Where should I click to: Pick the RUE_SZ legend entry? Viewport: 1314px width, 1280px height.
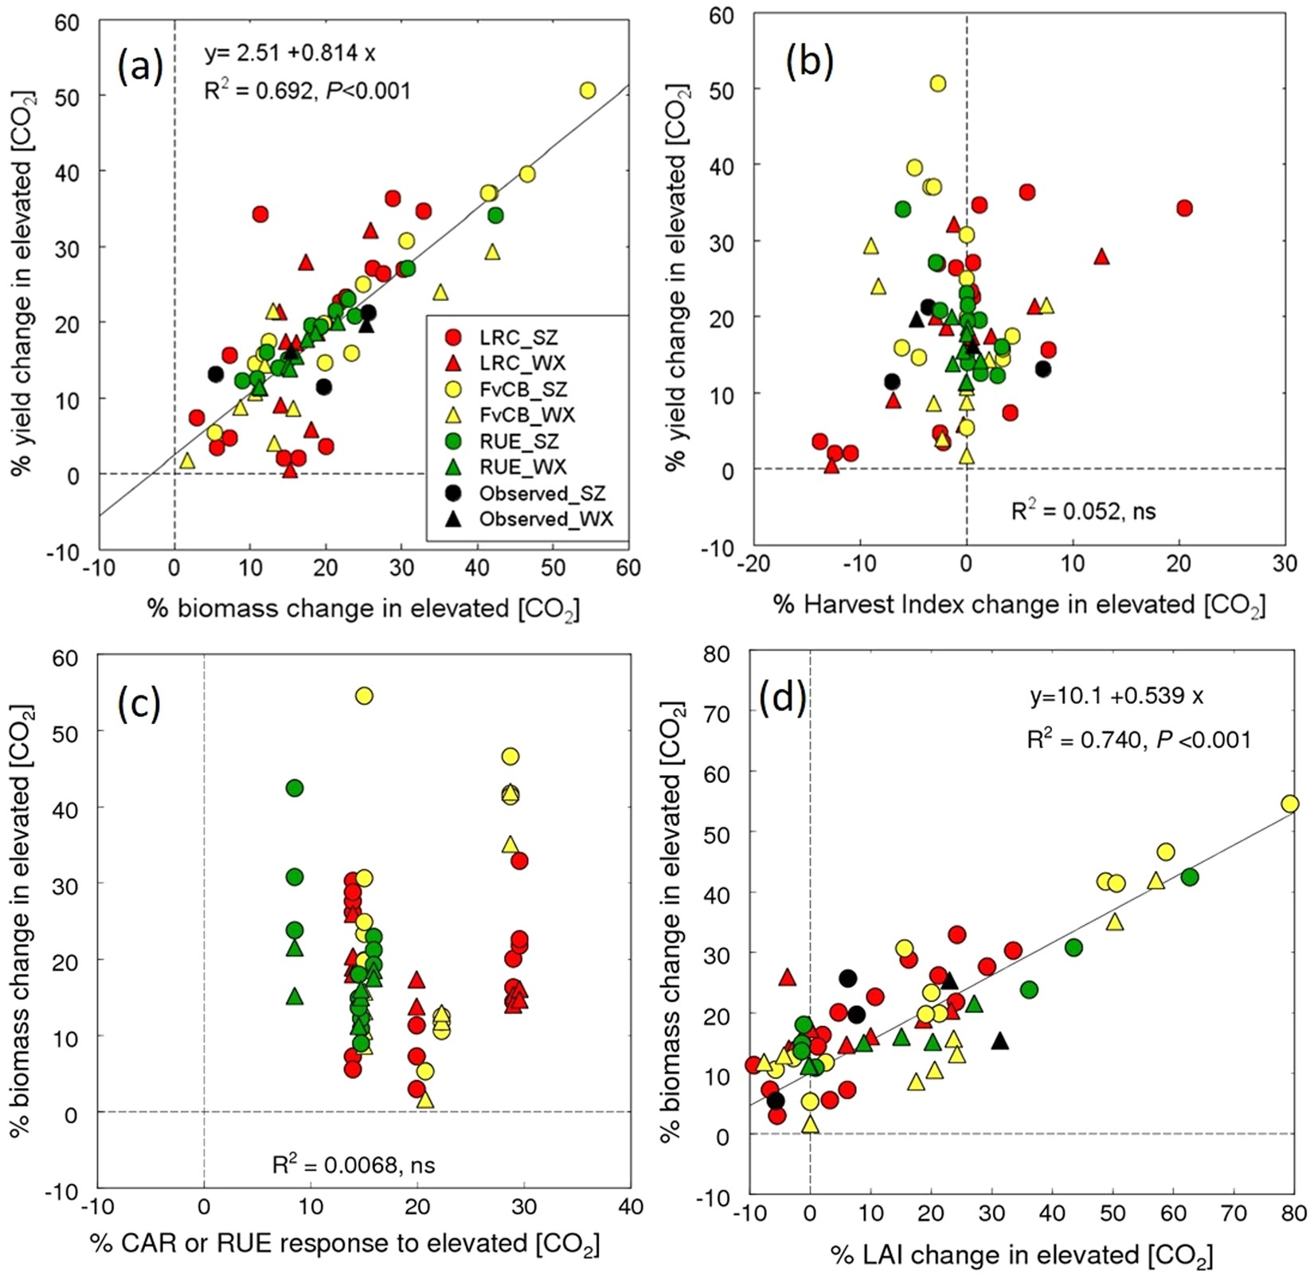click(518, 441)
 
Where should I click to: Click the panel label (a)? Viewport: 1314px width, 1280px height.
click(140, 67)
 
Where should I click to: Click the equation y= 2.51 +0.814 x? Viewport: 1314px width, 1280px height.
click(290, 53)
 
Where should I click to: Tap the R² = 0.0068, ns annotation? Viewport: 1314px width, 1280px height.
click(354, 1165)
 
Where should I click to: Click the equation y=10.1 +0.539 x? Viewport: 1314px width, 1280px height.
click(1116, 696)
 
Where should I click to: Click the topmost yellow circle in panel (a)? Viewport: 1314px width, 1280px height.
click(588, 91)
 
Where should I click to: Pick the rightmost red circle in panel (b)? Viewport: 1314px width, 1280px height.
click(1184, 208)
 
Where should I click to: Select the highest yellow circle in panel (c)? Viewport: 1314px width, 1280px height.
click(364, 696)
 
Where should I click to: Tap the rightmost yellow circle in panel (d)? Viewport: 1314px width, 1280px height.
click(1289, 804)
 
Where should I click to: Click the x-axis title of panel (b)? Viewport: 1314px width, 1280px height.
click(1019, 605)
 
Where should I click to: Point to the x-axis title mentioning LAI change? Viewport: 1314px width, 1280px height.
click(1022, 1256)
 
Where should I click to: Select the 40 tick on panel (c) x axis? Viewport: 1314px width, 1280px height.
click(630, 1207)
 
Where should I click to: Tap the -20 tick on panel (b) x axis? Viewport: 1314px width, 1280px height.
click(753, 564)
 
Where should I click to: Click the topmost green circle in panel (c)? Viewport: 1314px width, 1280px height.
click(295, 789)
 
